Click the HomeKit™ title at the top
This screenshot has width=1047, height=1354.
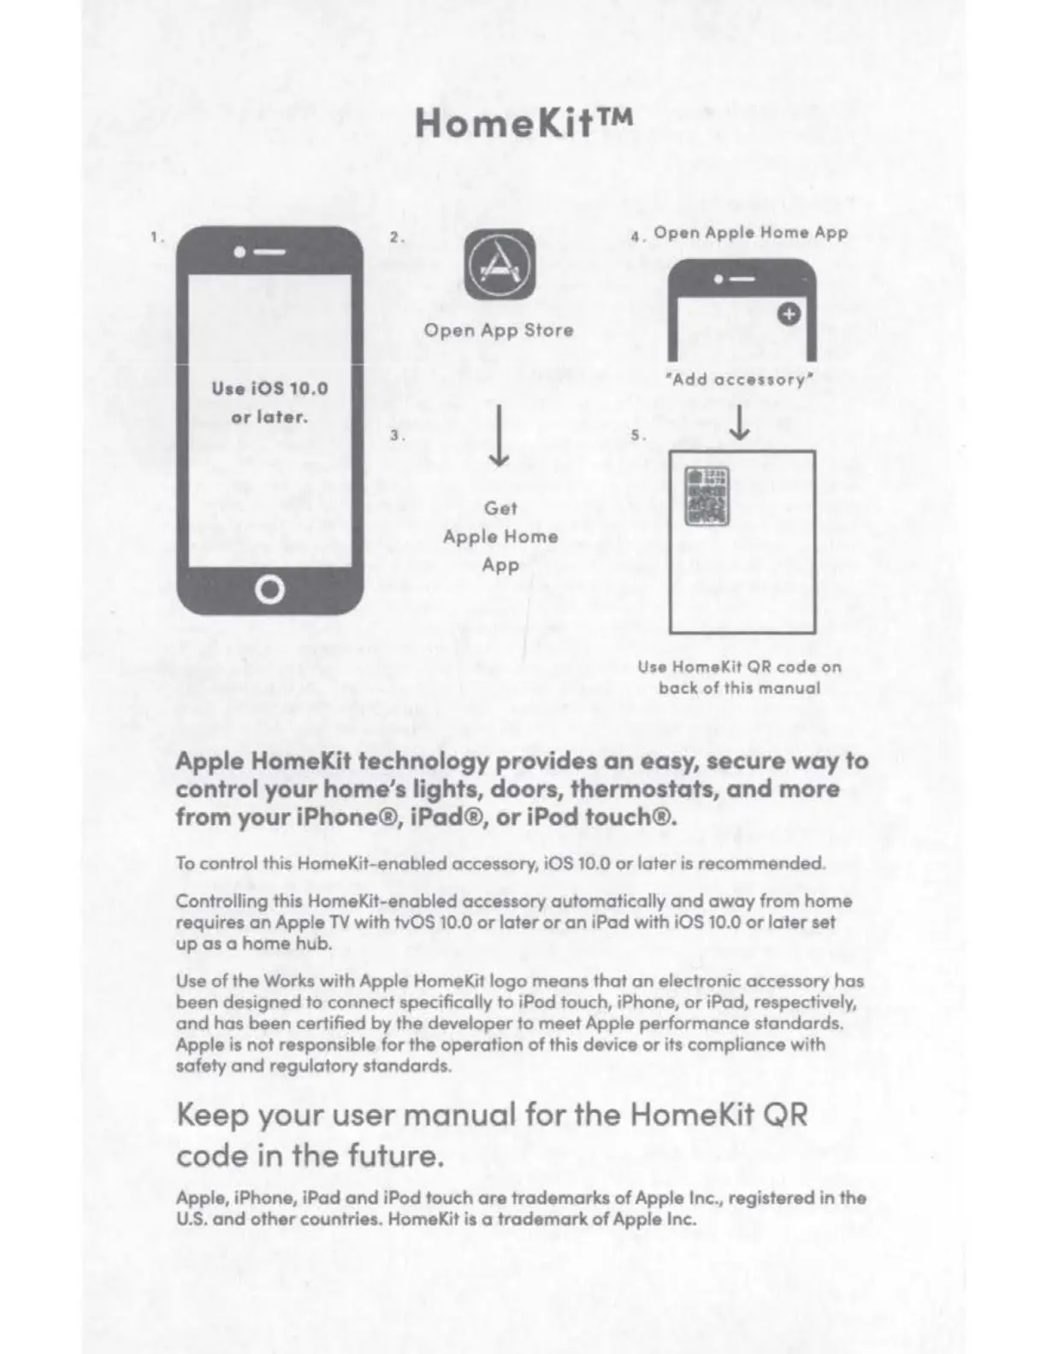(x=523, y=123)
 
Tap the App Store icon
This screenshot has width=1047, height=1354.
(x=500, y=265)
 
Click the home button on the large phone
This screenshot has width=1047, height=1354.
(x=269, y=590)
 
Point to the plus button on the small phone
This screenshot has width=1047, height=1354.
(x=789, y=315)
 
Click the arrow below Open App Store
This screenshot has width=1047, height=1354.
(x=500, y=438)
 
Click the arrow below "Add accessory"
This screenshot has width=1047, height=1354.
(x=741, y=422)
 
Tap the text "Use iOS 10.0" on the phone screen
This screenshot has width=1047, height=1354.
(x=269, y=389)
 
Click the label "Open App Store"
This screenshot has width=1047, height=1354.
(x=499, y=331)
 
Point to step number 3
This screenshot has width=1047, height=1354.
(x=396, y=435)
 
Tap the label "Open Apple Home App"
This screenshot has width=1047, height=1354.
(x=750, y=233)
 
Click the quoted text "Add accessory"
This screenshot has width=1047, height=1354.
(x=740, y=380)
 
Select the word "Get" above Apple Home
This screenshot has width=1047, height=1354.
(x=500, y=508)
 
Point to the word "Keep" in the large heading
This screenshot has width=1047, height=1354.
(x=212, y=1116)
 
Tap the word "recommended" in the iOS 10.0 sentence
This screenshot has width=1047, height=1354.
(x=761, y=863)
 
